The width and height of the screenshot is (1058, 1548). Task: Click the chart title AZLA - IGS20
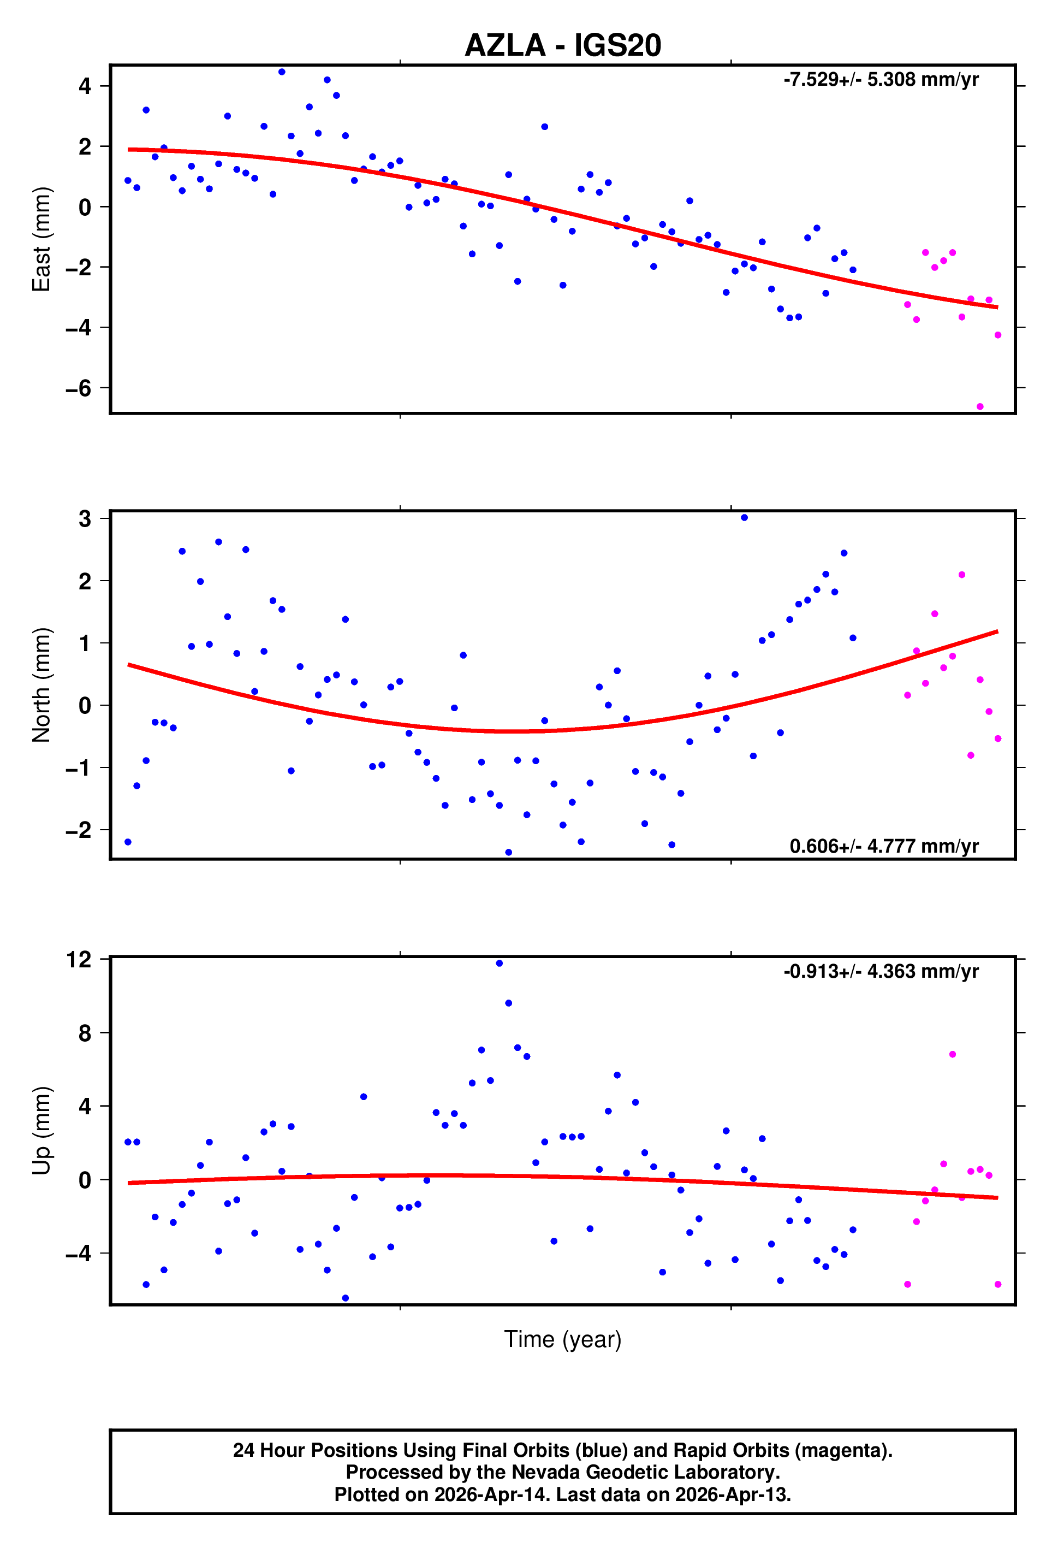tap(563, 45)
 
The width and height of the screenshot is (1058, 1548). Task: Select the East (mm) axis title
tap(41, 239)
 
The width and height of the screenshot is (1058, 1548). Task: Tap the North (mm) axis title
tap(41, 685)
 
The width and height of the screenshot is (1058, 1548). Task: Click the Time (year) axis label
tap(563, 1339)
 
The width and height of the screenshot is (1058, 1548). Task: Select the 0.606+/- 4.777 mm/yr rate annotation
tap(883, 846)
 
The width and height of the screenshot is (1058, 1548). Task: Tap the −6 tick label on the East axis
tap(78, 388)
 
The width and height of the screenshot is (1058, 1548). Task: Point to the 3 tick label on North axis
tap(85, 519)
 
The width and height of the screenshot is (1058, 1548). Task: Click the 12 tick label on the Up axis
tap(79, 960)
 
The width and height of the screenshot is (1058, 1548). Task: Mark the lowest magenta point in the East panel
tap(979, 406)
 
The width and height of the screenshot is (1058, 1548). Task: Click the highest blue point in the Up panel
tap(500, 963)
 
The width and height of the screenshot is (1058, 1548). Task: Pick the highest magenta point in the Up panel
tap(952, 1054)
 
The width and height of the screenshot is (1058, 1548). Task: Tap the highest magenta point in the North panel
tap(961, 575)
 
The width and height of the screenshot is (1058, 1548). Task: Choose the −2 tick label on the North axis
tap(78, 831)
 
